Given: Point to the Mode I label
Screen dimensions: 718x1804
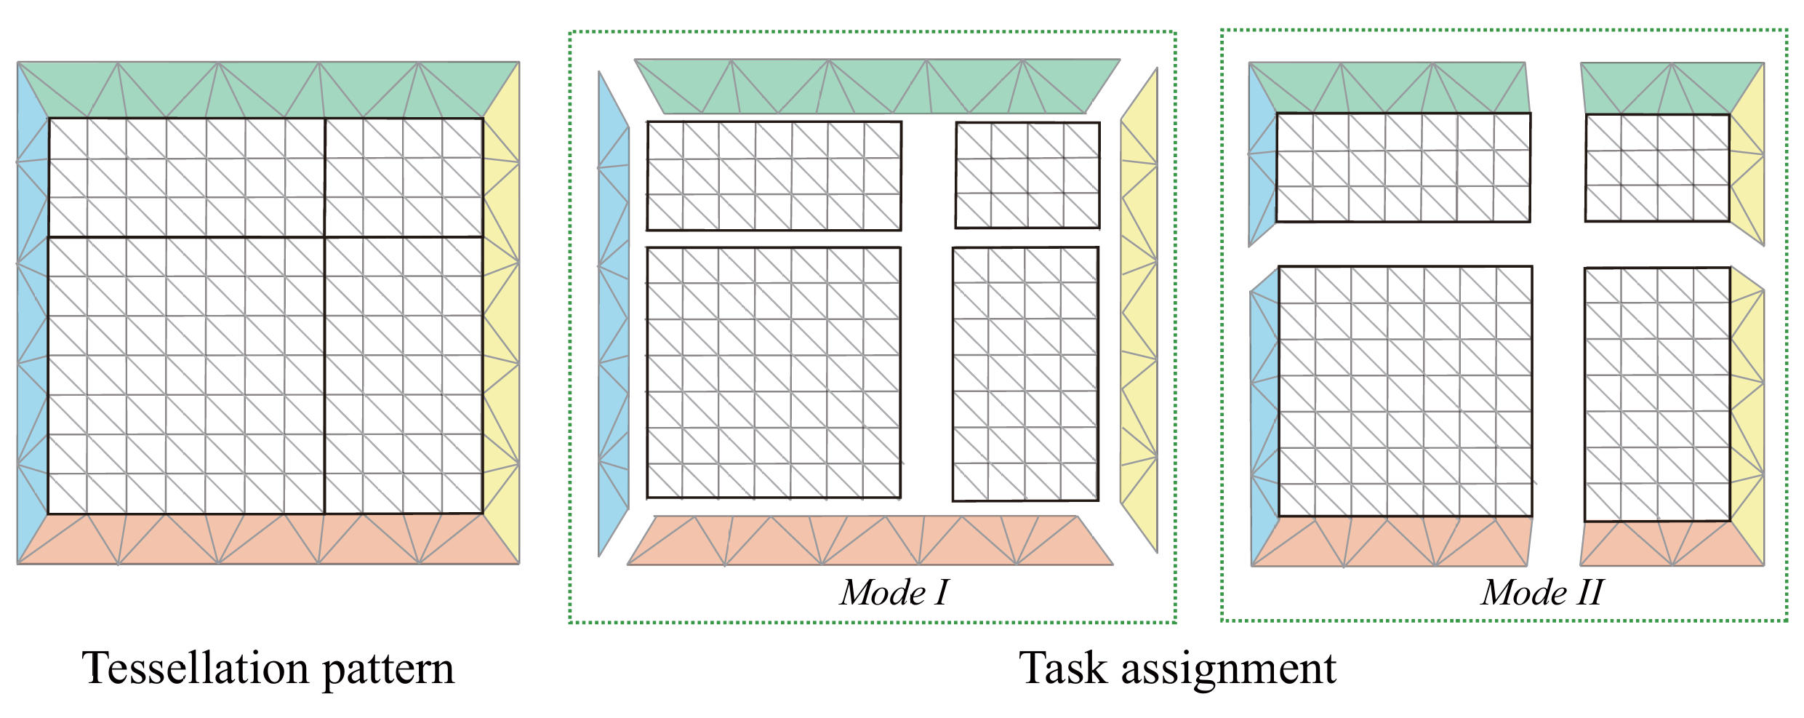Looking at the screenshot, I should click(894, 592).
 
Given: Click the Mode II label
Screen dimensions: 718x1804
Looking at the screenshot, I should click(1542, 592).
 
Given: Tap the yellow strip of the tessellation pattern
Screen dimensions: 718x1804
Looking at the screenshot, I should click(502, 313).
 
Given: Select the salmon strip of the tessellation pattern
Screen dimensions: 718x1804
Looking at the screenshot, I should click(268, 540).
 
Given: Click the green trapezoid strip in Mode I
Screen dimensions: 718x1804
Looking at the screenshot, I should click(876, 87).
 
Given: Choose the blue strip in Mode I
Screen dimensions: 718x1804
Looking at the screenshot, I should click(612, 313).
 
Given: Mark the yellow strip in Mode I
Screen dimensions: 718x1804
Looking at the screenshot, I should click(1139, 313).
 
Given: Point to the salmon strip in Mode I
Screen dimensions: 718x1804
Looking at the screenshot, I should click(869, 541).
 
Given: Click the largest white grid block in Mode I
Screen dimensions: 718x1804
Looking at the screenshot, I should click(774, 372).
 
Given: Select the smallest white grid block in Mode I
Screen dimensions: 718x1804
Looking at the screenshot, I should click(1027, 175).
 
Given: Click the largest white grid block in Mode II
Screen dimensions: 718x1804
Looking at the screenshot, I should click(1405, 391).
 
